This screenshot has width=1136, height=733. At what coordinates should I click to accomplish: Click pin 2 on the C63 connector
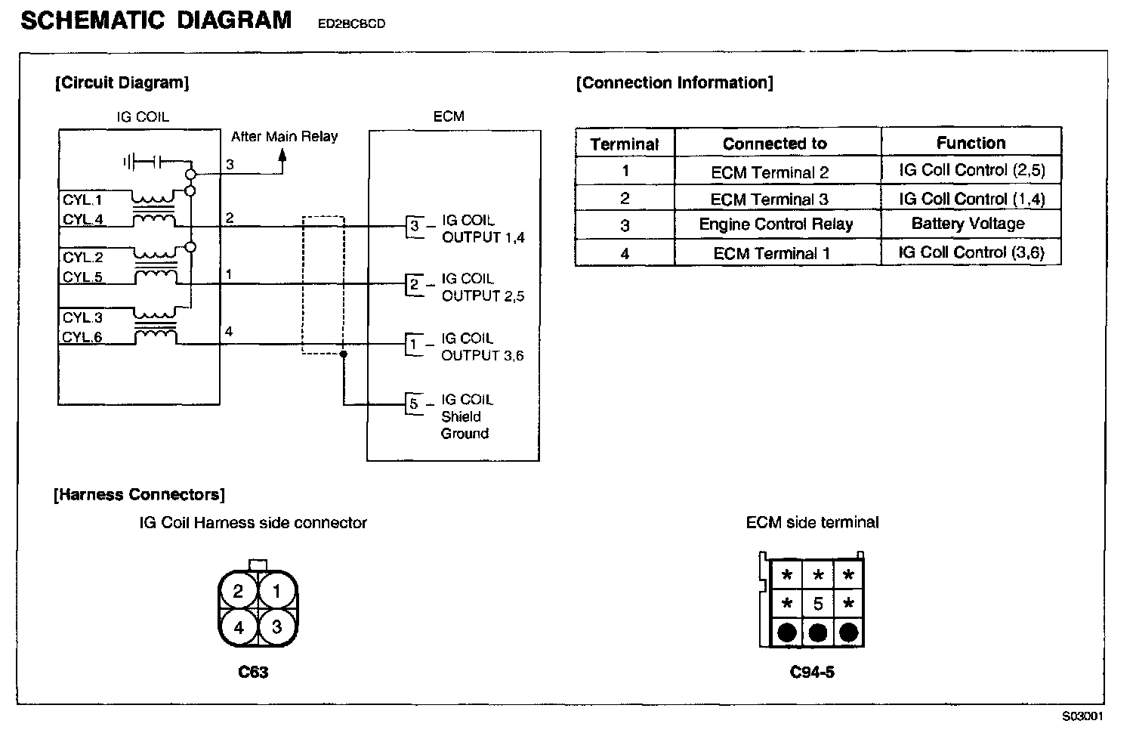238,591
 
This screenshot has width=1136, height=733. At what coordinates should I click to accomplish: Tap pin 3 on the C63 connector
276,626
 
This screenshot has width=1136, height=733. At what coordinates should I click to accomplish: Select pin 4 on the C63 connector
238,626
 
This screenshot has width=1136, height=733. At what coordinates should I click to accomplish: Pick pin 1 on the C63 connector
276,591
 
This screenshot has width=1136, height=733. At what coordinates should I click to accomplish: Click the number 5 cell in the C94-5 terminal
818,604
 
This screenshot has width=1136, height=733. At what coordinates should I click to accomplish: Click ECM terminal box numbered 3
414,225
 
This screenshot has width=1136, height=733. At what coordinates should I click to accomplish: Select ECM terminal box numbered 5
414,404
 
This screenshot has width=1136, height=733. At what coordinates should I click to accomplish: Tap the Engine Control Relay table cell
776,224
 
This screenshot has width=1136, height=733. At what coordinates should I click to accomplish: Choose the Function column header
971,143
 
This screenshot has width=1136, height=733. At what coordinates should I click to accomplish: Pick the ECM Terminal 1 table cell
771,253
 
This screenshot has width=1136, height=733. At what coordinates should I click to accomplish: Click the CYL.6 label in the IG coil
82,337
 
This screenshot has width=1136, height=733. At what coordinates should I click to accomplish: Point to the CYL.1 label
82,200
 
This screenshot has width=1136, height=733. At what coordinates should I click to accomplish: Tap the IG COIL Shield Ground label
466,416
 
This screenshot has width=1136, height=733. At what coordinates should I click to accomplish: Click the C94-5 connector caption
812,672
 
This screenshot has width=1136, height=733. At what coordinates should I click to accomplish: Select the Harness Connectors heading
140,495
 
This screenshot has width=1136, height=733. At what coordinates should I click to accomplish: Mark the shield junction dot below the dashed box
344,354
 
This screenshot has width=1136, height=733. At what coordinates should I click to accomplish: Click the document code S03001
1082,716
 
